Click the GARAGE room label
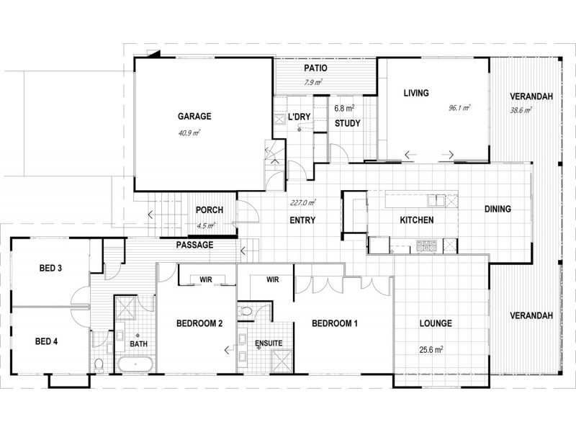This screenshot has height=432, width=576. click(194, 116)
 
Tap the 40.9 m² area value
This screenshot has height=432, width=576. click(189, 132)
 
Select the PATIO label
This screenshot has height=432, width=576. click(315, 68)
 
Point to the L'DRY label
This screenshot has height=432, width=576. click(300, 117)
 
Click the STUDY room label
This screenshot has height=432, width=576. click(347, 123)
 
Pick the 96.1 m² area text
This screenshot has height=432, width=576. click(459, 108)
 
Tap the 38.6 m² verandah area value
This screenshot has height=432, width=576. click(521, 110)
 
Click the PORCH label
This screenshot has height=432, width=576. click(209, 210)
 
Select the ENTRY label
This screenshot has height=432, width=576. click(303, 220)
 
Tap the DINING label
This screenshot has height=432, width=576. click(497, 210)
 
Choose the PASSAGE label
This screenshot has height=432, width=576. click(194, 245)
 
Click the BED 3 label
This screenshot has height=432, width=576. click(50, 269)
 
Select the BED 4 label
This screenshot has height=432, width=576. click(46, 341)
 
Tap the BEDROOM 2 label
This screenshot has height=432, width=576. click(199, 324)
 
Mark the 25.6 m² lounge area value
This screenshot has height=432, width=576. click(431, 350)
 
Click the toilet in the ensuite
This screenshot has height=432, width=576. click(247, 312)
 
